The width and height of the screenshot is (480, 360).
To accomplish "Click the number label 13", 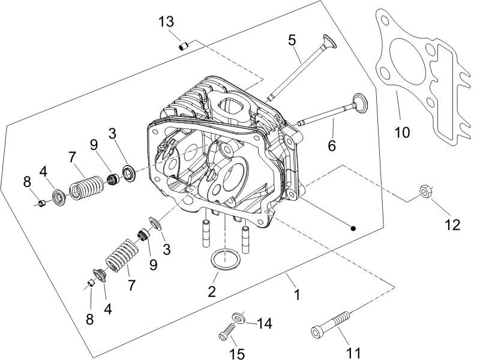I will click(166, 22).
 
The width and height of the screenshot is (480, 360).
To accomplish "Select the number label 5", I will click(292, 41).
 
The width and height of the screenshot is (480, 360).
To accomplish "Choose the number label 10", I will click(402, 131).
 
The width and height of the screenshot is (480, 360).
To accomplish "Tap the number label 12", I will click(452, 224).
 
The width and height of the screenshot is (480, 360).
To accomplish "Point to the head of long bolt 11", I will click(316, 332).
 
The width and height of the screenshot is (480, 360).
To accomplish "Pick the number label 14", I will click(264, 324).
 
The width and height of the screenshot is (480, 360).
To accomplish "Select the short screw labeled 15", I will click(226, 329).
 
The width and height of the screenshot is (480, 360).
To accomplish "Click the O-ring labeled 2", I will click(226, 262).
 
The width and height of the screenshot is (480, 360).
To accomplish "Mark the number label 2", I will click(211, 292).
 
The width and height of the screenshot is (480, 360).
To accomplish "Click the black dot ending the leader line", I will click(353, 228).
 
